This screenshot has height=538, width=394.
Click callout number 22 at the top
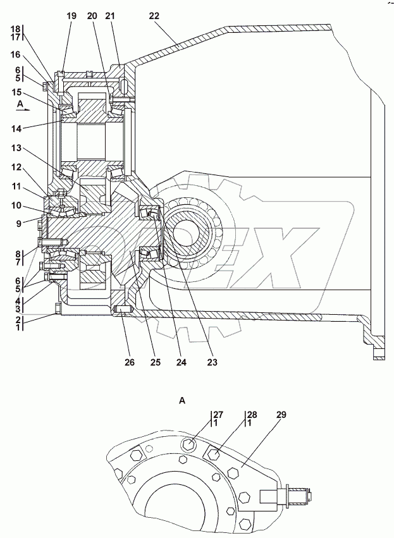click(x=154, y=16)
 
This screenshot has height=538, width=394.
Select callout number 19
click(x=71, y=16)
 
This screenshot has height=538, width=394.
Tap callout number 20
click(x=92, y=16)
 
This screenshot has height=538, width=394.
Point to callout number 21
click(x=109, y=16)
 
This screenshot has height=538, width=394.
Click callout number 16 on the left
click(x=15, y=55)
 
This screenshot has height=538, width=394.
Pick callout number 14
click(x=16, y=129)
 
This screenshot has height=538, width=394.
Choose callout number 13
click(x=16, y=148)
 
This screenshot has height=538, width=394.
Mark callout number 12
click(x=16, y=168)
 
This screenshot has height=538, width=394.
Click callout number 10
click(x=16, y=206)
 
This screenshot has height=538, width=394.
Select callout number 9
click(x=18, y=224)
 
